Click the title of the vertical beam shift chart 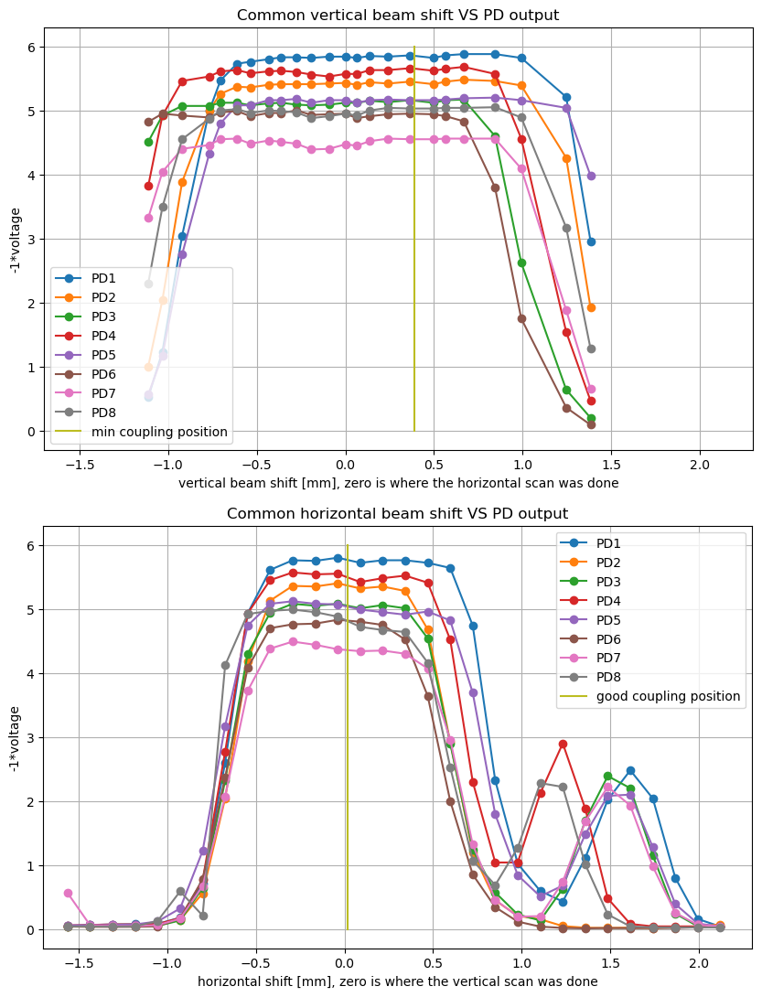398,15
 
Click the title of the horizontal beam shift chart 398,513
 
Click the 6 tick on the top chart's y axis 30,47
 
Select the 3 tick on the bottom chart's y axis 30,737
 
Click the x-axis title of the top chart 398,482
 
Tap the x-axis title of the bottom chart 398,981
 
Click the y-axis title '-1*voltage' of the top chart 16,240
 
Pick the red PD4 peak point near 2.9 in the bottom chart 563,744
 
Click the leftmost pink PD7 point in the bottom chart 68,893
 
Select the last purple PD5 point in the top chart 591,176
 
